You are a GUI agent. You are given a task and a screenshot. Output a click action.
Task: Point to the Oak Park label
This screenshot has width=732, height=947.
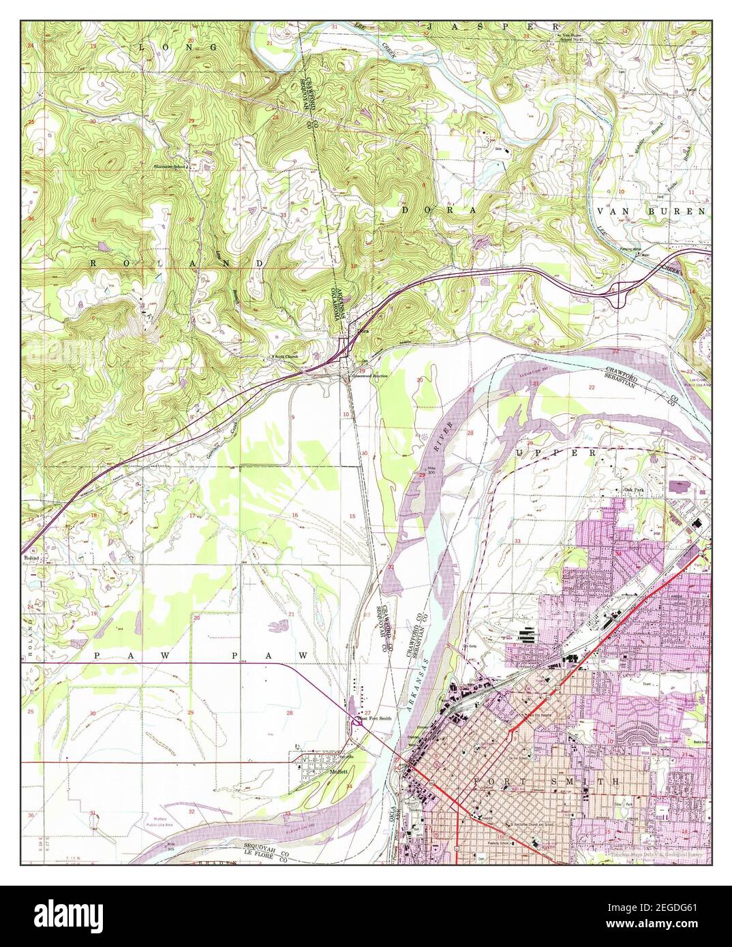click(635, 490)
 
